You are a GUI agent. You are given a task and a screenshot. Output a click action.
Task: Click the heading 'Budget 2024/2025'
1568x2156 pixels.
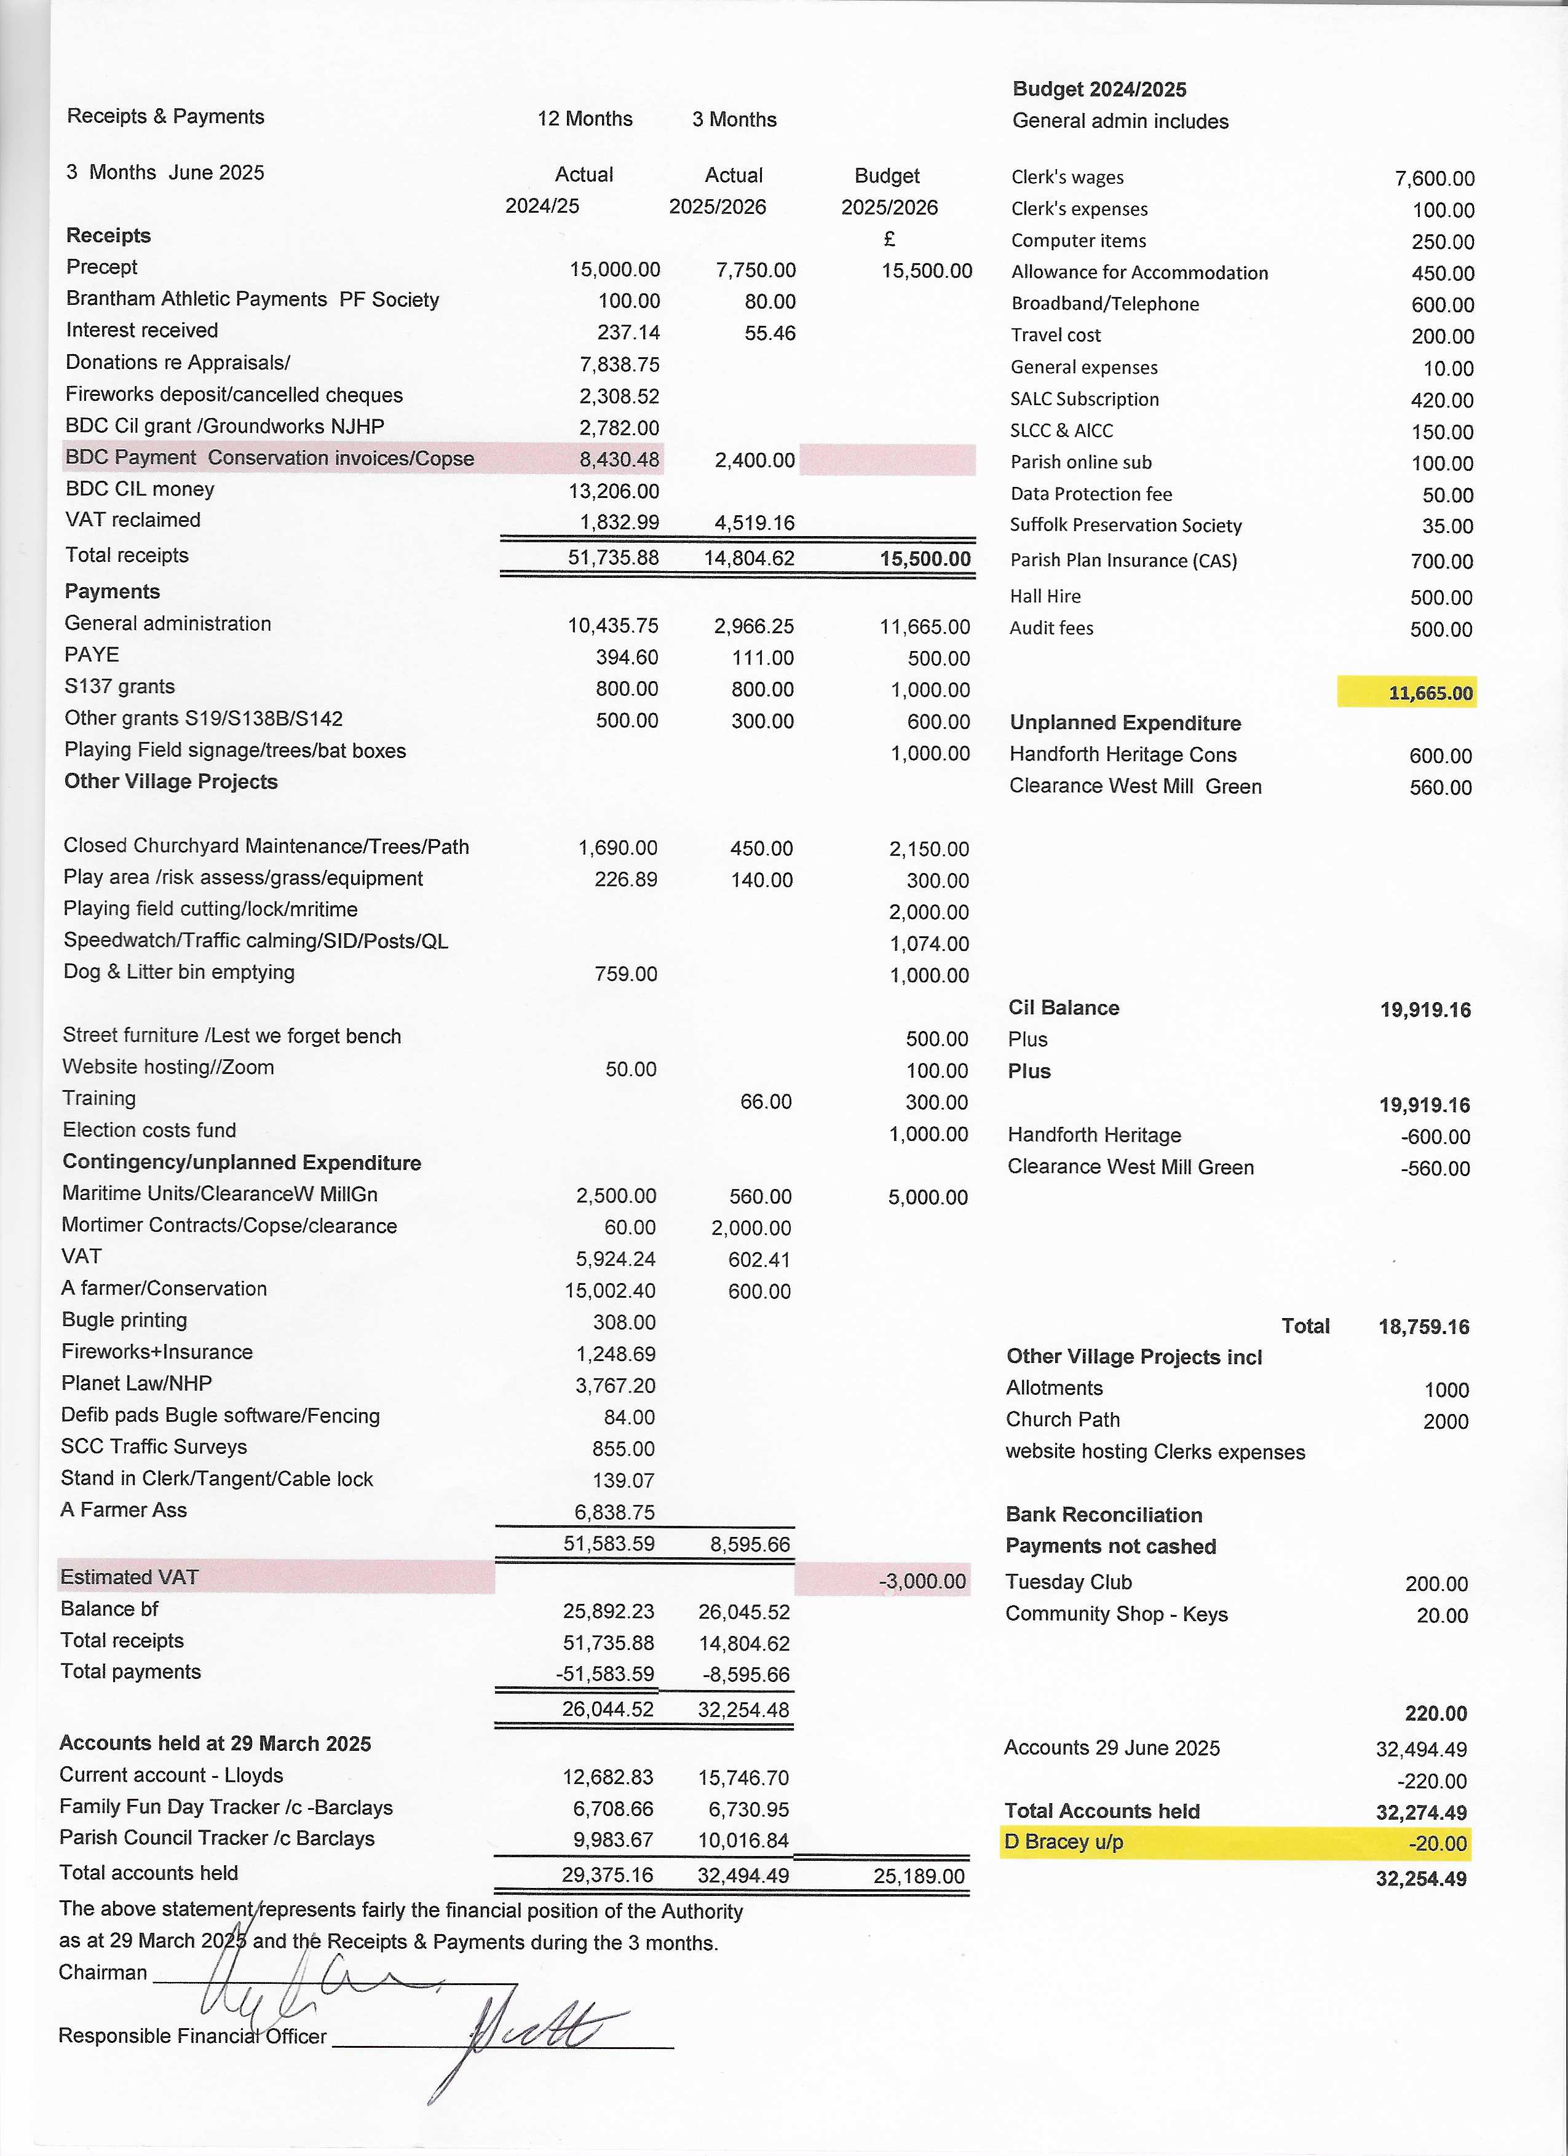(x=1099, y=89)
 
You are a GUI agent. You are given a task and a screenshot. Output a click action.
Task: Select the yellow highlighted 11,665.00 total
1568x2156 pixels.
(x=1430, y=693)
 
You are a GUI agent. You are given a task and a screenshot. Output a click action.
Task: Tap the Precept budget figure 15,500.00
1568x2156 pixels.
(x=926, y=271)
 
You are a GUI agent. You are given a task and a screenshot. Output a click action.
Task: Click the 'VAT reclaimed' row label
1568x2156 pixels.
(x=133, y=520)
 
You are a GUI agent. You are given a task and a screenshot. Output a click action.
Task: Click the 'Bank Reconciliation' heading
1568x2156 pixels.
(x=1104, y=1514)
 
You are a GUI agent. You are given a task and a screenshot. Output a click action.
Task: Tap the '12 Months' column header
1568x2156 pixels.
(x=585, y=119)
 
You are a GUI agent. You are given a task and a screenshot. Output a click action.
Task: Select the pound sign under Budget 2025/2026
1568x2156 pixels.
(x=889, y=239)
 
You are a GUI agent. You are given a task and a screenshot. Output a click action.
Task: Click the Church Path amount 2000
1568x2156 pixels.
(x=1446, y=1421)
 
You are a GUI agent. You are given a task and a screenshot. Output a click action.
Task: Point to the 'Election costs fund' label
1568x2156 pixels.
(x=149, y=1131)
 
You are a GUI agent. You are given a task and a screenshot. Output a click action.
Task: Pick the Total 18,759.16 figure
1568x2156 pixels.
(x=1423, y=1327)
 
